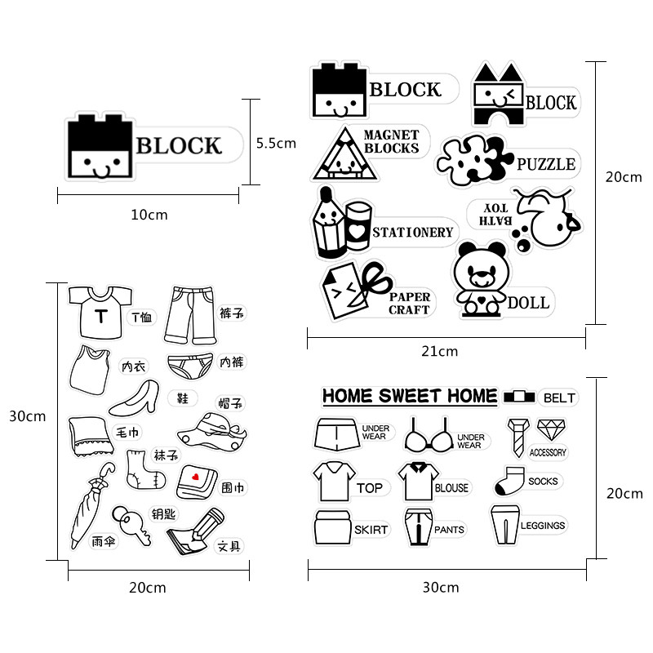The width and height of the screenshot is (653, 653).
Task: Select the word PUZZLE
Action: pos(545,164)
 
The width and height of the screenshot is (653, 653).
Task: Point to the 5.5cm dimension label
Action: pos(276,143)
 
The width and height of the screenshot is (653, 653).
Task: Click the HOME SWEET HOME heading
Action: pos(409,397)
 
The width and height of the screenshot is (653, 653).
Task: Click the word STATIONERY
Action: pos(412,233)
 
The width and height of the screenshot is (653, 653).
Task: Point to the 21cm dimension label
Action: pos(446,352)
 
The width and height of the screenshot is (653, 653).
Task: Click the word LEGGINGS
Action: pos(543,526)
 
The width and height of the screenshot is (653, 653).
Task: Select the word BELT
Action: pos(559,398)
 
